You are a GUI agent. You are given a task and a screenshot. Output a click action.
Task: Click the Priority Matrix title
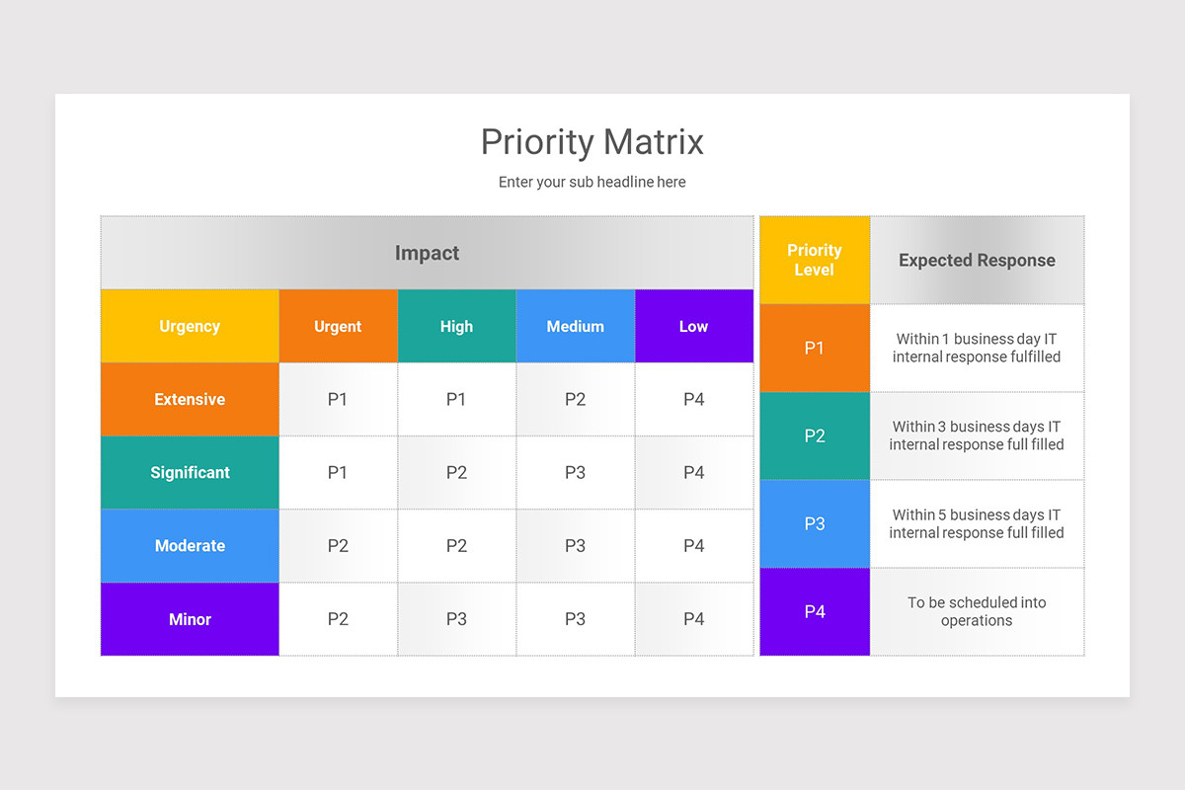tap(592, 142)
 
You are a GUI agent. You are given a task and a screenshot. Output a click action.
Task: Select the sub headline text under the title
tap(592, 182)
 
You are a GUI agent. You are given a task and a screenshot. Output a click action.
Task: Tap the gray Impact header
tap(427, 253)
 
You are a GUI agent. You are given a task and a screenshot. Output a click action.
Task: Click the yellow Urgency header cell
tap(190, 326)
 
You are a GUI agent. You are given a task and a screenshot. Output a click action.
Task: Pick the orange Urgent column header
tap(338, 326)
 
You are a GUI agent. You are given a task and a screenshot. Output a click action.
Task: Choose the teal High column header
tap(456, 326)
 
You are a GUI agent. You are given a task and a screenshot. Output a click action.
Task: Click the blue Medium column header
tap(575, 326)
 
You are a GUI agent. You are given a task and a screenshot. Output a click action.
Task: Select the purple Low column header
tap(693, 326)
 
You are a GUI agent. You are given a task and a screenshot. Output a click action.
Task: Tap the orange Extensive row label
tap(190, 399)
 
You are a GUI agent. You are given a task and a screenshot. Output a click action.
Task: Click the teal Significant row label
tap(190, 472)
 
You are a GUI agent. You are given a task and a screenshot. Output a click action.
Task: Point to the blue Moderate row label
tap(190, 545)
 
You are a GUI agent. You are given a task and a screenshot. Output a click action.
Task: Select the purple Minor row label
tap(190, 619)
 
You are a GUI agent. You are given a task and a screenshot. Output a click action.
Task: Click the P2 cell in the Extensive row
tap(575, 399)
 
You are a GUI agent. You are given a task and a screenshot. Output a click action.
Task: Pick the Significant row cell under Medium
tap(575, 472)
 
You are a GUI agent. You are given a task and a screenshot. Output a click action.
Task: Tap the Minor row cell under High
tap(456, 619)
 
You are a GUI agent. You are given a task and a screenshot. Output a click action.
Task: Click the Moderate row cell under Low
tap(693, 545)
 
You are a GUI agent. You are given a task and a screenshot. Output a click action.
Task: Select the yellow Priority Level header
tap(815, 260)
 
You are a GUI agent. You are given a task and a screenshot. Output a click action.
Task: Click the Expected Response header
tap(977, 261)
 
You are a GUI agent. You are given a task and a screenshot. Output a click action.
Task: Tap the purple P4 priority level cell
tap(815, 611)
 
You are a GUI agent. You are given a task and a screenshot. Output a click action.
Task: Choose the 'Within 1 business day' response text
tap(977, 348)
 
